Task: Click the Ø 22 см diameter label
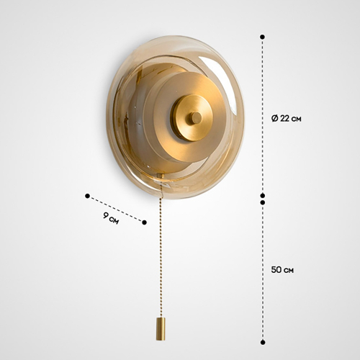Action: point(286,118)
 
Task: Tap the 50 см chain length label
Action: point(282,270)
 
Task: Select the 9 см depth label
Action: point(111,218)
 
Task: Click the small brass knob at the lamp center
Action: point(196,117)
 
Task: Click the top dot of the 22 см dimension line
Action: point(263,37)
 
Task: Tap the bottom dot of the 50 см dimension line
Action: point(263,342)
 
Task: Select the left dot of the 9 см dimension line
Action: point(87,196)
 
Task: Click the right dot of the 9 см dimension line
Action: point(144,222)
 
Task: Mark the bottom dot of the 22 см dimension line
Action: point(263,195)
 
